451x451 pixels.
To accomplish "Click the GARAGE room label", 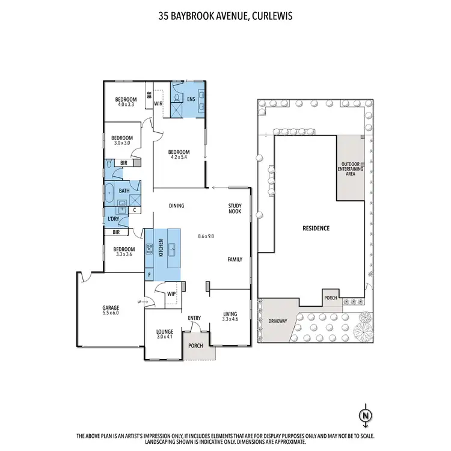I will pyautogui.click(x=110, y=307).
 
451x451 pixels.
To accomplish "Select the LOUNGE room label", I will pyautogui.click(x=164, y=331).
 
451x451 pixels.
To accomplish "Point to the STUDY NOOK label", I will pyautogui.click(x=235, y=208).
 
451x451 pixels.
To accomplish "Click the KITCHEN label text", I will pyautogui.click(x=161, y=249).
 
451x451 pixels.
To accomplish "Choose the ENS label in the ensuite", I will pyautogui.click(x=191, y=99).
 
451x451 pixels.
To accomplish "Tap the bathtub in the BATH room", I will pyautogui.click(x=109, y=193).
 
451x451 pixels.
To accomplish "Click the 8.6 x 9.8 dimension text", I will pyautogui.click(x=206, y=236).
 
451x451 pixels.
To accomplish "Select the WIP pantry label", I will pyautogui.click(x=171, y=294).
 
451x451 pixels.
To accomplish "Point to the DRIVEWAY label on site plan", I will pyautogui.click(x=277, y=321).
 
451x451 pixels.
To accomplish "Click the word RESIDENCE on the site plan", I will pyautogui.click(x=316, y=229).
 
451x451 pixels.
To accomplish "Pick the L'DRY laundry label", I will pyautogui.click(x=113, y=219).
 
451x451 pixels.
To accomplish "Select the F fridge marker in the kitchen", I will pyautogui.click(x=149, y=275).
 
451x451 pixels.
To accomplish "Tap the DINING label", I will pyautogui.click(x=176, y=206).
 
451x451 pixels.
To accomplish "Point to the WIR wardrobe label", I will pyautogui.click(x=159, y=103).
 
